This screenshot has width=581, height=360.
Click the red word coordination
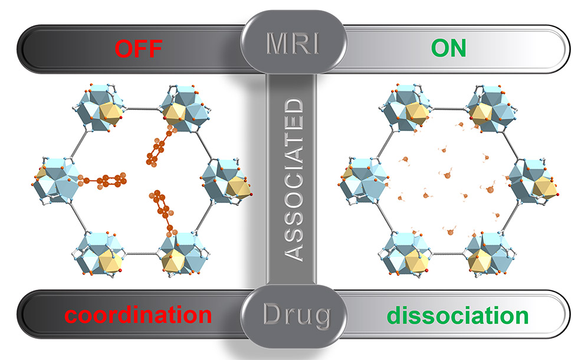138,315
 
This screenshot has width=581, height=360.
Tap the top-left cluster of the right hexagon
406,109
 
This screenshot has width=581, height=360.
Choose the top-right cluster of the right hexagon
487,109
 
